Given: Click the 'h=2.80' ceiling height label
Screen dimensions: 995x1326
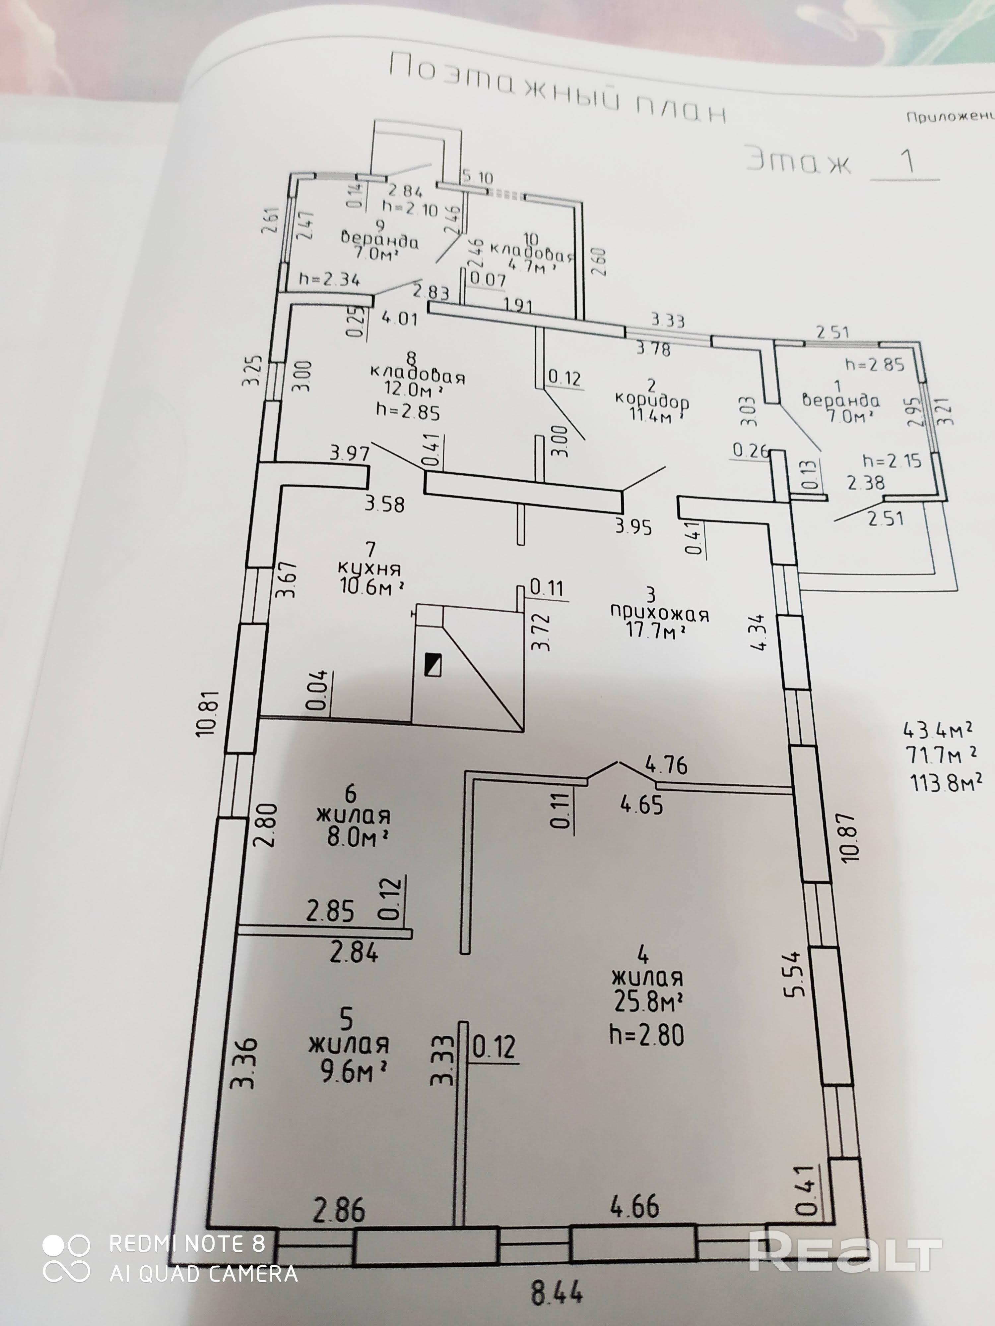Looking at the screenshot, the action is (x=646, y=1035).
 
